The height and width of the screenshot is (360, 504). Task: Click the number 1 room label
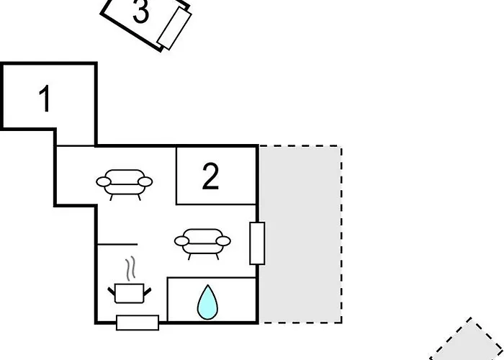[x=45, y=99]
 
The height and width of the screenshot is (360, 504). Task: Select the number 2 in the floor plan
[x=210, y=176]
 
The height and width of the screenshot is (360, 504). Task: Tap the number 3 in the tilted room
[x=141, y=11]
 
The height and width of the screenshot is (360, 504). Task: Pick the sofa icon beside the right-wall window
[x=202, y=244]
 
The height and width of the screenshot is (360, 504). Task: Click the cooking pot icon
[x=129, y=293]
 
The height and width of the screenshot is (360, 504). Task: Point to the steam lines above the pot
[x=130, y=269]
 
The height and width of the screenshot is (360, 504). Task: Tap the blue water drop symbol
[x=207, y=302]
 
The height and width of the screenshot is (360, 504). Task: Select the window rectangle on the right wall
[x=258, y=243]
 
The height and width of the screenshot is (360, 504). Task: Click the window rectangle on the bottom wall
[x=138, y=323]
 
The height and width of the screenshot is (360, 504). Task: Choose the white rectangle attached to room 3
[x=174, y=28]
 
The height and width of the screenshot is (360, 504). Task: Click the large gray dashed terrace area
[x=300, y=234]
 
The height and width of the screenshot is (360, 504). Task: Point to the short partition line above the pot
[x=117, y=244]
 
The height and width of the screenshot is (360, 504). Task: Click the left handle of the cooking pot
[x=111, y=292]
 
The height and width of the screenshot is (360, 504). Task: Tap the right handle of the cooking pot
[x=148, y=292]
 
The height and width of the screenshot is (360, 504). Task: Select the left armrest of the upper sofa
[x=104, y=182]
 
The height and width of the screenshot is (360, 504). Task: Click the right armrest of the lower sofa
[x=223, y=241]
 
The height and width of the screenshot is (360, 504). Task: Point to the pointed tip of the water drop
[x=208, y=285]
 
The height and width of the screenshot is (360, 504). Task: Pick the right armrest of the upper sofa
[x=145, y=182]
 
